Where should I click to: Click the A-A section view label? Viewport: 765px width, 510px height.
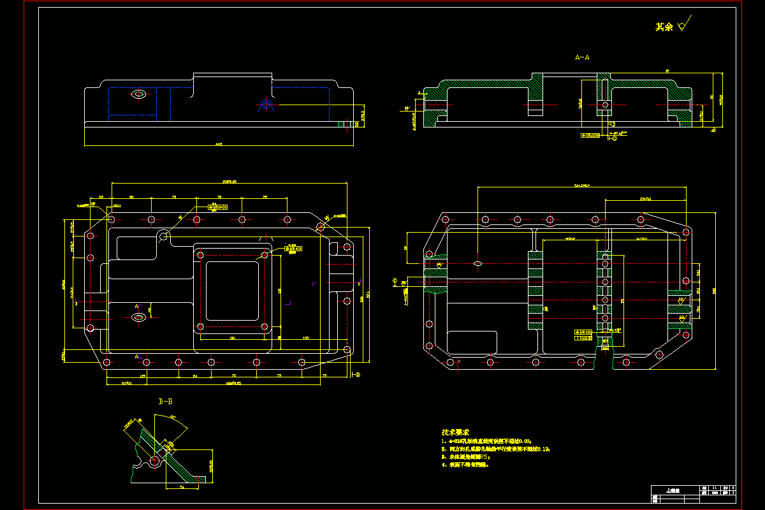pyautogui.click(x=582, y=57)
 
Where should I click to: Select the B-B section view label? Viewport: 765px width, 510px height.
pyautogui.click(x=165, y=402)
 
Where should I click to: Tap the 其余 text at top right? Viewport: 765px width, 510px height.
pyautogui.click(x=664, y=27)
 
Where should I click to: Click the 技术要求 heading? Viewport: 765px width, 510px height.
pyautogui.click(x=455, y=432)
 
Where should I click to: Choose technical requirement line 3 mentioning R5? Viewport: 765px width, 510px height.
pyautogui.click(x=465, y=457)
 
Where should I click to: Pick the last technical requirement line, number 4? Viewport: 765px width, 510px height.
pyautogui.click(x=465, y=465)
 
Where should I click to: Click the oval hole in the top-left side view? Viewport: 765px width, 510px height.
pyautogui.click(x=138, y=94)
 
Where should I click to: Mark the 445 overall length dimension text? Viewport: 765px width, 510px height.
pyautogui.click(x=219, y=145)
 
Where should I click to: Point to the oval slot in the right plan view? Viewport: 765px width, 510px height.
pyautogui.click(x=477, y=263)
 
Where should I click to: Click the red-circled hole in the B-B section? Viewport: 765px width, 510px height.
pyautogui.click(x=155, y=460)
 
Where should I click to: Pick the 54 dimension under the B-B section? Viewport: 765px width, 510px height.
pyautogui.click(x=181, y=488)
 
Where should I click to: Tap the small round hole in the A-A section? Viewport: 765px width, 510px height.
pyautogui.click(x=604, y=105)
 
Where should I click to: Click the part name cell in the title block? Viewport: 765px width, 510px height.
pyautogui.click(x=673, y=491)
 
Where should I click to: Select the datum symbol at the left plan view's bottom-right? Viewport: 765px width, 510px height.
pyautogui.click(x=356, y=375)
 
